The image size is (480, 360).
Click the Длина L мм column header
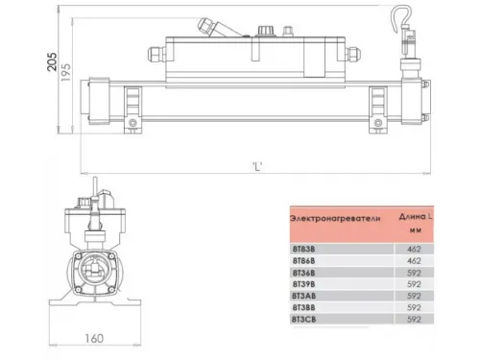(413, 224)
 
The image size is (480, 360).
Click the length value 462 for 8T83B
(412, 248)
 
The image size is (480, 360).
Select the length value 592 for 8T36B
(412, 272)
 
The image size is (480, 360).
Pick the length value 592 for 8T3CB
(412, 319)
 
